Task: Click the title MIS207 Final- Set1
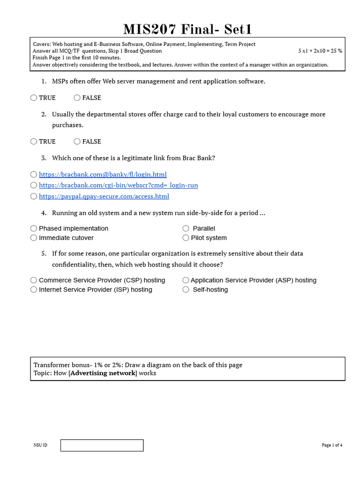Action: (x=187, y=29)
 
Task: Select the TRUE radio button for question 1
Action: (x=34, y=97)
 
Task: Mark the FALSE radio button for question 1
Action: (x=77, y=97)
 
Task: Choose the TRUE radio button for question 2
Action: (x=34, y=141)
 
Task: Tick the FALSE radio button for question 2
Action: (x=77, y=141)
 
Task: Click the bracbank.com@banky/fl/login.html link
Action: (x=103, y=174)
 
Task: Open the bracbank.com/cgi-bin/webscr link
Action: (x=118, y=185)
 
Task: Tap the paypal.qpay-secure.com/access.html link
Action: (x=104, y=196)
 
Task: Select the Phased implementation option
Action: (x=34, y=228)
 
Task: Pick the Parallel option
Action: (x=186, y=228)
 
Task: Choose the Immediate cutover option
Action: (x=34, y=238)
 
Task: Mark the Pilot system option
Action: (x=186, y=238)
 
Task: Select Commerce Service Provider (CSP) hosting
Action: (x=34, y=280)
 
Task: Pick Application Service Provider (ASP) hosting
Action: (x=186, y=280)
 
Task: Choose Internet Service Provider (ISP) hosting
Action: (x=34, y=290)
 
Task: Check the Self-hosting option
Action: (x=186, y=290)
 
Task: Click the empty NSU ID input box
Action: (x=102, y=445)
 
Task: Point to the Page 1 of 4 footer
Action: (x=332, y=445)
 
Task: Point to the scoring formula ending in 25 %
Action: (x=320, y=51)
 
